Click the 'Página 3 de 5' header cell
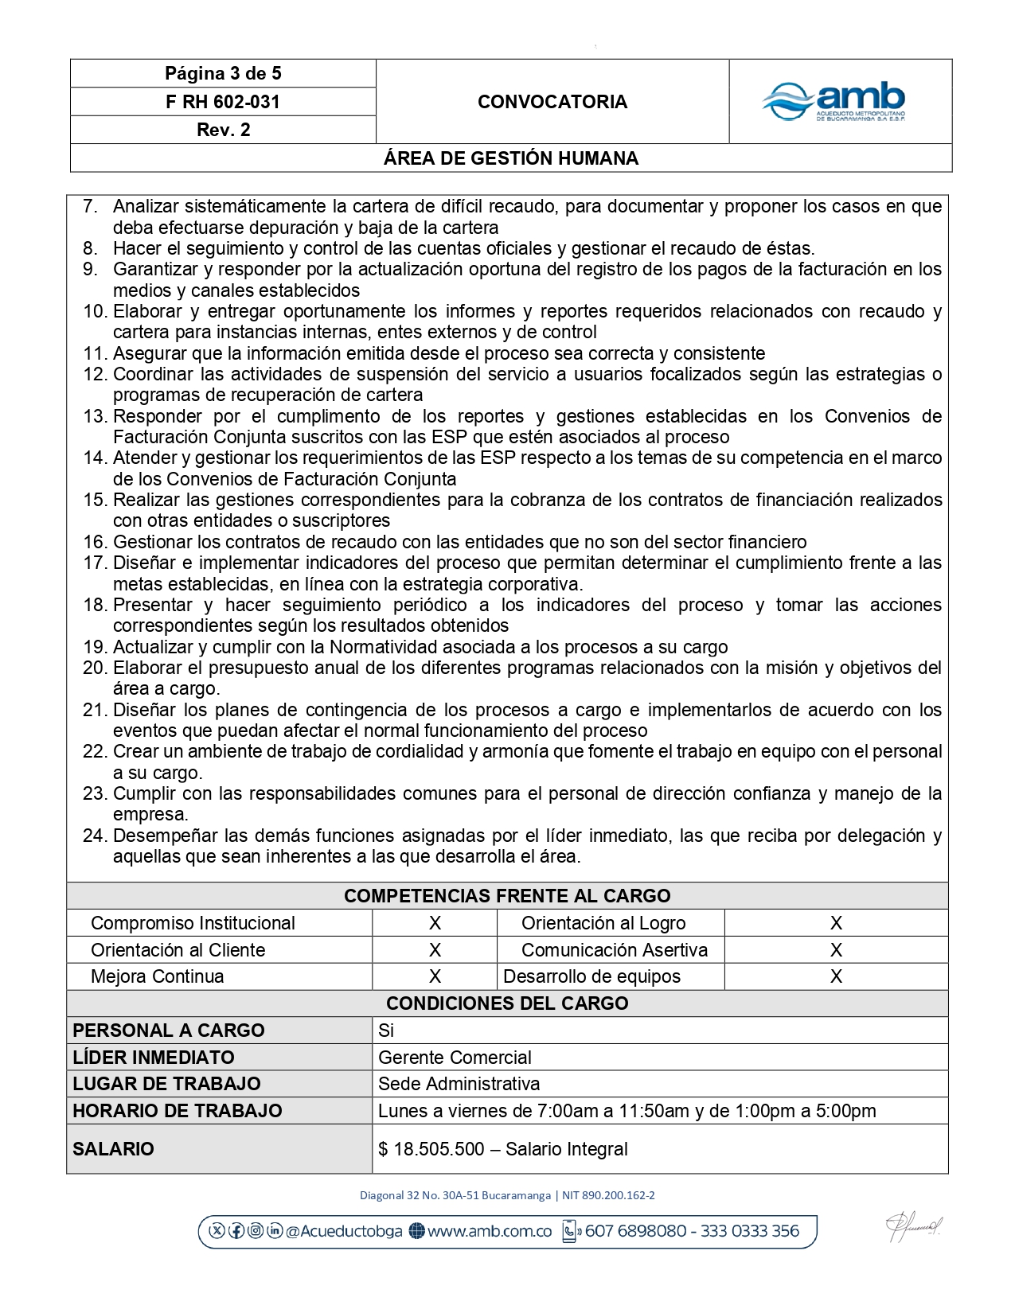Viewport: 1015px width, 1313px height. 223,74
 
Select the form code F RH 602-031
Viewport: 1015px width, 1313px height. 223,102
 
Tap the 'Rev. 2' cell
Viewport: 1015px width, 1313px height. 223,130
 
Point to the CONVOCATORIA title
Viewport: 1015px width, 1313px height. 552,102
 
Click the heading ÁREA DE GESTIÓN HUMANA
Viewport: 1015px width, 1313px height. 511,158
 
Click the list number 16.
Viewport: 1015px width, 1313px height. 95,543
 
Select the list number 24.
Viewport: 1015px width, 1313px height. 95,836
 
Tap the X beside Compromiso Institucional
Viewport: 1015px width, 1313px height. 435,923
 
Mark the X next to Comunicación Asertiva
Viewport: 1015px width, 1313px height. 836,950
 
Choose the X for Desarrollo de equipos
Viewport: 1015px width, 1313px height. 836,976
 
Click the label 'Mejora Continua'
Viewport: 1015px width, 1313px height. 158,976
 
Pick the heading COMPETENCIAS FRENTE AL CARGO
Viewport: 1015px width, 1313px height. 507,896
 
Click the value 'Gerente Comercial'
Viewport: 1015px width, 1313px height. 455,1058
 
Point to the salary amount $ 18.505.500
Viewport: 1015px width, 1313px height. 432,1149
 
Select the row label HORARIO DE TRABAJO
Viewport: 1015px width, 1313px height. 178,1111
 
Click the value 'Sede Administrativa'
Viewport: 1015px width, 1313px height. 459,1084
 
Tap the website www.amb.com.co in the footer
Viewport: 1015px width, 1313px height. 489,1231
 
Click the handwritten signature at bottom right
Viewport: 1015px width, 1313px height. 914,1229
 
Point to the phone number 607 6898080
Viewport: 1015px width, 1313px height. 635,1231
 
